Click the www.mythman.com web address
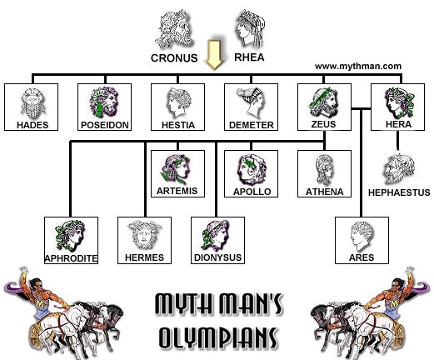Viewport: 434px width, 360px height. (x=358, y=65)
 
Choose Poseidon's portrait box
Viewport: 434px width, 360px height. (x=103, y=107)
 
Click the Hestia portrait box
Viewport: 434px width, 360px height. (x=176, y=107)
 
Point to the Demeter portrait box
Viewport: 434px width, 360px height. (x=249, y=107)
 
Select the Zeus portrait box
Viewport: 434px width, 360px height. (x=322, y=107)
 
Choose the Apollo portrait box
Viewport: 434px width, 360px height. (x=249, y=171)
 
